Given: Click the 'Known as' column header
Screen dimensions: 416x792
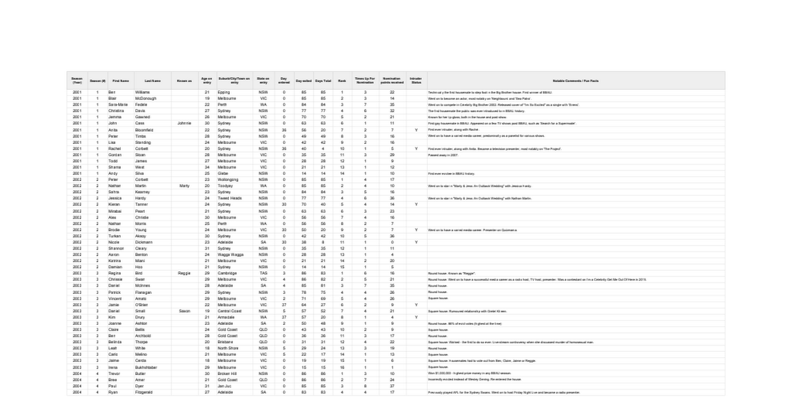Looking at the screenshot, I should (184, 81).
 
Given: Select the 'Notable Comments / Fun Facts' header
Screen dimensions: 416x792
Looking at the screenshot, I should (575, 81).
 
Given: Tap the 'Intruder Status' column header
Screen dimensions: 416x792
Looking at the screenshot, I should (416, 81).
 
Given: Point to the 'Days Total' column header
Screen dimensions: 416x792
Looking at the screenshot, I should (323, 81).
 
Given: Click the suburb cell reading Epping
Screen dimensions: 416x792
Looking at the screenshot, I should (224, 92).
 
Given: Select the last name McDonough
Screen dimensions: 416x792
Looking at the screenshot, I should (146, 98).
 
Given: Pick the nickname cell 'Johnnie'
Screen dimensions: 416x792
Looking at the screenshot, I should (184, 123).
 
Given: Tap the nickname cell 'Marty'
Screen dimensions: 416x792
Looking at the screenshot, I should (184, 186).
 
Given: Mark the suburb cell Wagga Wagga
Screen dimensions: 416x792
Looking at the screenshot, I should (230, 254).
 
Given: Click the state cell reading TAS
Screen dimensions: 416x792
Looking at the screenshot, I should (263, 273).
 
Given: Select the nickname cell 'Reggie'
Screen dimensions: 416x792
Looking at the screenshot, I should (184, 273).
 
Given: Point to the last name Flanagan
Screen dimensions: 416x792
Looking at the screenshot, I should (145, 291).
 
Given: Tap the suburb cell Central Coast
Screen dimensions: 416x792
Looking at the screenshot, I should (230, 310).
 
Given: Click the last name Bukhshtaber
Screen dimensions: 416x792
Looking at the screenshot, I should (148, 366).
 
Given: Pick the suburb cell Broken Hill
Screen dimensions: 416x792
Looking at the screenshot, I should (228, 373).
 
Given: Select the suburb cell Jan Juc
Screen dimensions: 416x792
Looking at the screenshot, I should (224, 386).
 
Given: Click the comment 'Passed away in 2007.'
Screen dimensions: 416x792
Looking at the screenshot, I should (443, 155).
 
